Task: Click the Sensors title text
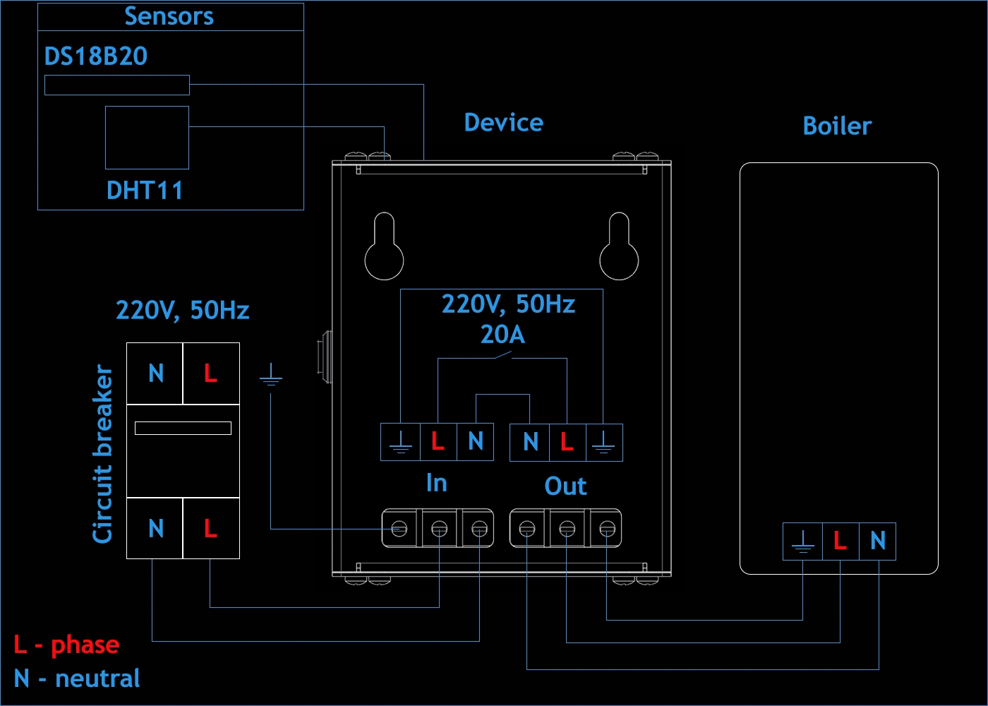(x=169, y=16)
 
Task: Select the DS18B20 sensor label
(x=96, y=56)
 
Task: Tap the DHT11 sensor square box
(x=147, y=138)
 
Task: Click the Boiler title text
(x=837, y=126)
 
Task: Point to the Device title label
(x=503, y=123)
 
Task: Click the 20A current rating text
(x=502, y=334)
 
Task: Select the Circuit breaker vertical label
(x=103, y=454)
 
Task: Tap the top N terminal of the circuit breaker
(x=155, y=373)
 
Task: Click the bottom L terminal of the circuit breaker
(x=210, y=529)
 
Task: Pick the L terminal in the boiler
(x=840, y=542)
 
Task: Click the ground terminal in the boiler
(x=802, y=542)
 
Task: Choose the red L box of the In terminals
(x=438, y=442)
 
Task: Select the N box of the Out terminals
(x=530, y=442)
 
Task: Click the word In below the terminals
(x=436, y=483)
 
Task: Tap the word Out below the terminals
(x=565, y=486)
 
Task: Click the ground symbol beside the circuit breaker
(x=271, y=375)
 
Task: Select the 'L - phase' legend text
(x=67, y=645)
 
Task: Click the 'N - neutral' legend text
(x=77, y=678)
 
